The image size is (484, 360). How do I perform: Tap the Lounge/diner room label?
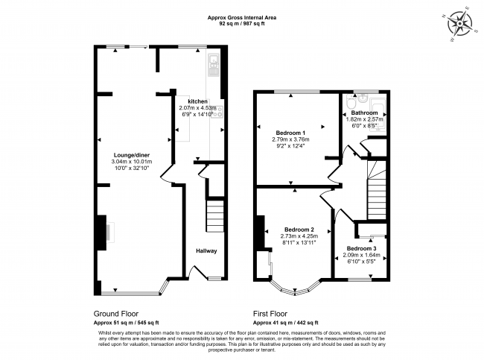pyautogui.click(x=131, y=154)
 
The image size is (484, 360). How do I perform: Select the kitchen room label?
pyautogui.click(x=197, y=101)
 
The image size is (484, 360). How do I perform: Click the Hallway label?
pyautogui.click(x=206, y=250)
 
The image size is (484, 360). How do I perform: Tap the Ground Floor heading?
pyautogui.click(x=116, y=314)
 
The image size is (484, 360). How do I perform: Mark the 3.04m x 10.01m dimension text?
pyautogui.click(x=131, y=161)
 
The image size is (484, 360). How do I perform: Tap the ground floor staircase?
pyautogui.click(x=214, y=216)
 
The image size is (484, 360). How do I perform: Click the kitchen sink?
pyautogui.click(x=213, y=66)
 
